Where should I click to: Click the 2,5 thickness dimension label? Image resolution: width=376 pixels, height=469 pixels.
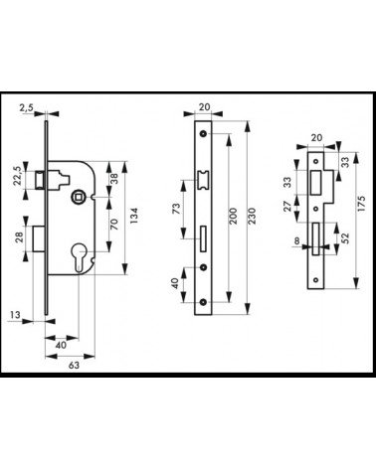point(26,107)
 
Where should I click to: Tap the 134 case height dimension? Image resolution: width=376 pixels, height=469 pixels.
point(133,216)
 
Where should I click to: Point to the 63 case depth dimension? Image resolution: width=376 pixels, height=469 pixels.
point(74,365)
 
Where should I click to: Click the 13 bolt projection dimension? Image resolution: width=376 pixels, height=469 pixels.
point(15,315)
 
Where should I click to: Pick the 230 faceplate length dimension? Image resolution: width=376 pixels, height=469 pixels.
point(253,216)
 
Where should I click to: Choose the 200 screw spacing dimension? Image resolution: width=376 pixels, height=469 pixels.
point(233,216)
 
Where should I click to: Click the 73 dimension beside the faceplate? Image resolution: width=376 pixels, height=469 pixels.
point(177,209)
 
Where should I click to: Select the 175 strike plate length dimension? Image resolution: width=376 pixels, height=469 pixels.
point(361,204)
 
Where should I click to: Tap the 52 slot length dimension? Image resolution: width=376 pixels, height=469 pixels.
point(345,238)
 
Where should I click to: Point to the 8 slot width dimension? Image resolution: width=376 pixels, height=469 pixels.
point(296,240)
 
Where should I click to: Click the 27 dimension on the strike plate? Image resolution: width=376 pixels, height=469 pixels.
point(287,206)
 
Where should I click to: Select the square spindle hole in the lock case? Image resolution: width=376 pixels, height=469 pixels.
point(79,197)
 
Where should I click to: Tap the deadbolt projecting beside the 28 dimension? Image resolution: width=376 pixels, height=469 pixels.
point(39,238)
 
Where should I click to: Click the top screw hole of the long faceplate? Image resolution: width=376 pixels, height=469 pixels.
point(203,134)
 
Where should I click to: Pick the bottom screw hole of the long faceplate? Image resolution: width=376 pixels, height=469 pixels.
point(203,302)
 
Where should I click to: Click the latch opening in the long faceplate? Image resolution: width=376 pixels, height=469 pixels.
point(203,180)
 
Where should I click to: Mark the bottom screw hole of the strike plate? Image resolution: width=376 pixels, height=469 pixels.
point(316,280)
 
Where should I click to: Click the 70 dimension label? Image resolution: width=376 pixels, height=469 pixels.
point(114,225)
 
